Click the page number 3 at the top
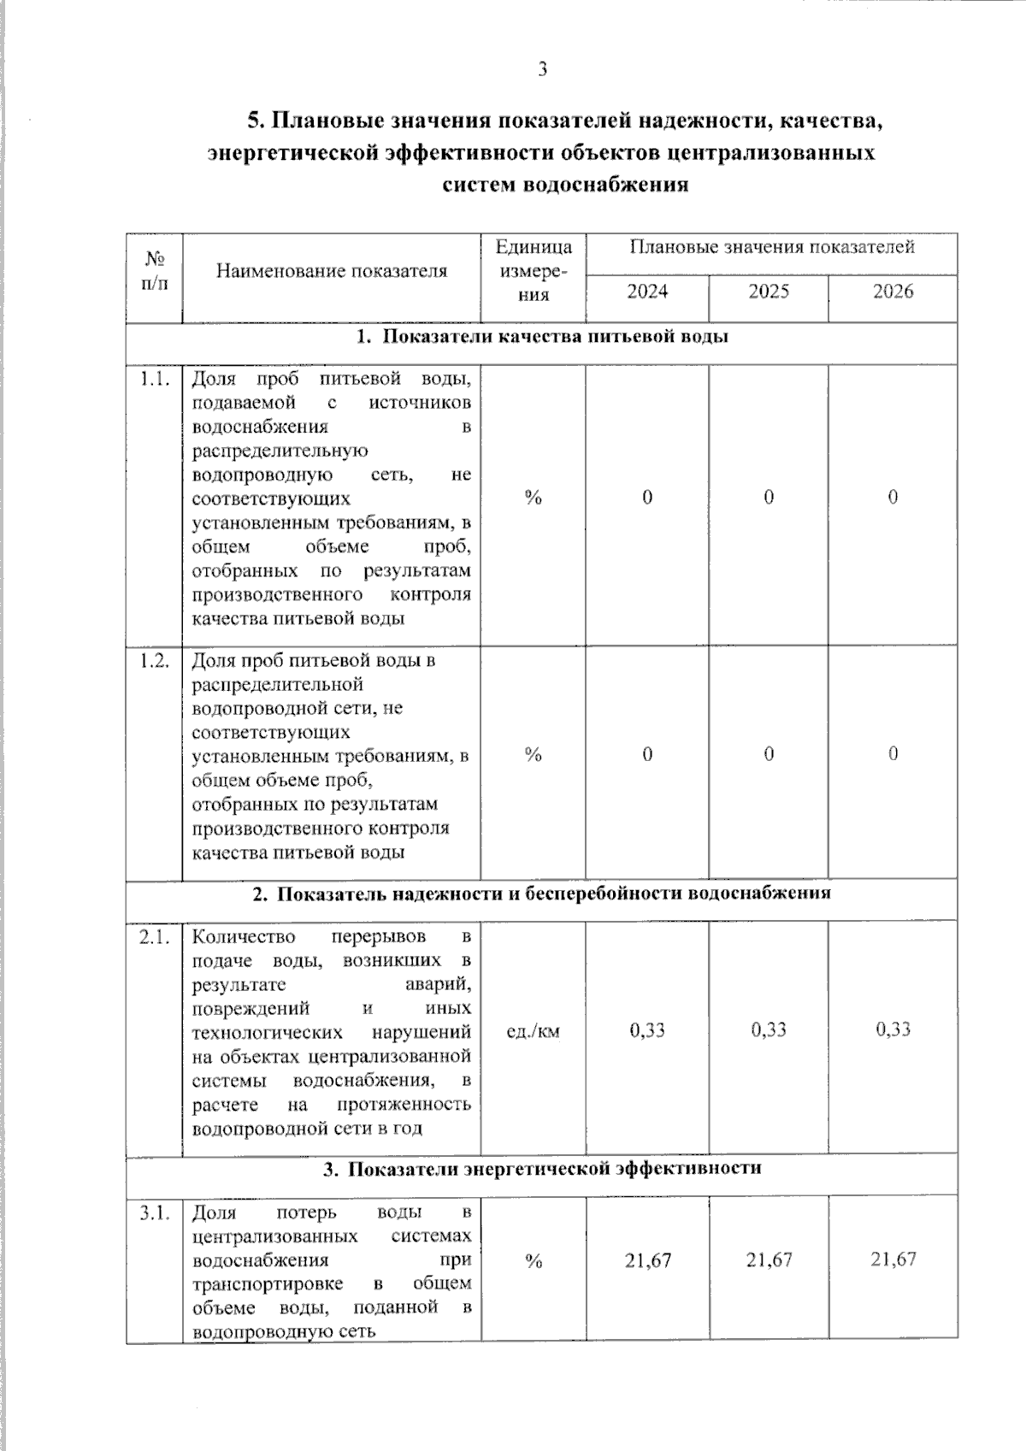coord(542,70)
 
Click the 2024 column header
coord(647,292)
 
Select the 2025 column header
coord(769,292)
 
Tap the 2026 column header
coord(893,292)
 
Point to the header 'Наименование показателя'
coord(332,271)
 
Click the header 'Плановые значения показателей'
coord(771,247)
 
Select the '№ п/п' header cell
coord(155,270)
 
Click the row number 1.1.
coord(155,379)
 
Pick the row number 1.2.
coord(155,661)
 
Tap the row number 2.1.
coord(155,937)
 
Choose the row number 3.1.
coord(155,1212)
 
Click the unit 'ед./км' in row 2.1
coord(533,1031)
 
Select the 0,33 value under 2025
coord(769,1029)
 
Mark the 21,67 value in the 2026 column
coord(893,1259)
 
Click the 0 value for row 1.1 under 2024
coord(647,498)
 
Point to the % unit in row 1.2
coord(534,754)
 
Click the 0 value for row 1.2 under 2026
coord(893,753)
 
